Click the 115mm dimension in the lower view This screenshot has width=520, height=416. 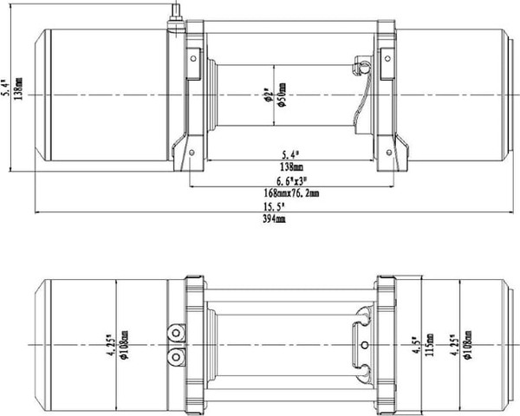[428, 347]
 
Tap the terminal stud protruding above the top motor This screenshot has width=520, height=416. [172, 15]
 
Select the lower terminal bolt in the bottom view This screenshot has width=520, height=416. [176, 356]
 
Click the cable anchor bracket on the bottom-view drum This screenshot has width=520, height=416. [359, 344]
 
